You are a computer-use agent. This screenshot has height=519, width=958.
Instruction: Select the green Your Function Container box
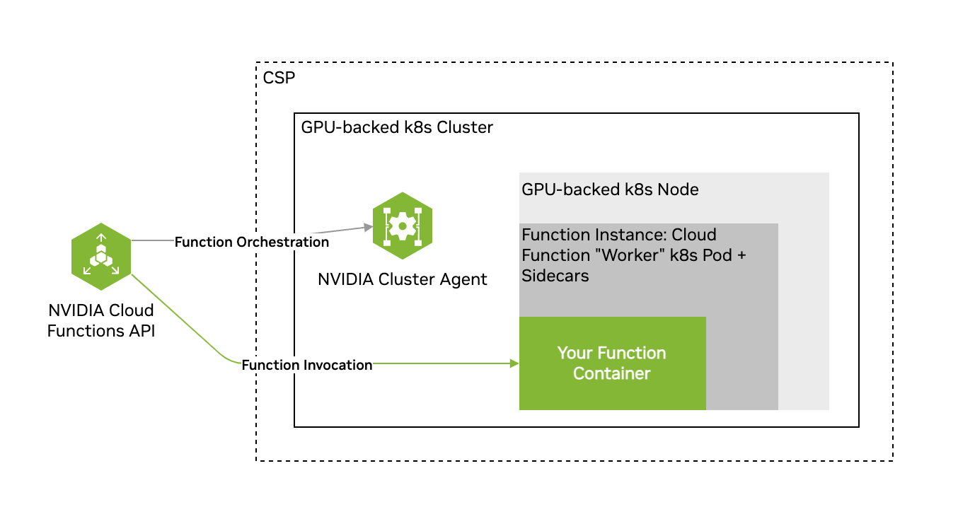coord(612,363)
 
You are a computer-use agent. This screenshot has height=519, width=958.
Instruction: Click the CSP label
coord(278,78)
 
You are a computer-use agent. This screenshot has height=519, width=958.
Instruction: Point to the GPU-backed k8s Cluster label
coord(397,128)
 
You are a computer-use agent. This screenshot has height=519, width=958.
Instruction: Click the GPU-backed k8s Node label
coord(610,189)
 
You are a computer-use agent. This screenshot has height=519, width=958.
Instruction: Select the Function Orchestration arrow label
coord(252,242)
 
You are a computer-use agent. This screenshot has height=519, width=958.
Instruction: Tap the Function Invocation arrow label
coord(306,365)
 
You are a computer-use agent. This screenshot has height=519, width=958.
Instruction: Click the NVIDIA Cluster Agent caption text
coord(403,279)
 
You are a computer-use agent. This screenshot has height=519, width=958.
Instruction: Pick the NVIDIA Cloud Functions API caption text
coord(101,320)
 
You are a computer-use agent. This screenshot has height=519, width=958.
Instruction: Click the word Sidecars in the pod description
coord(555,276)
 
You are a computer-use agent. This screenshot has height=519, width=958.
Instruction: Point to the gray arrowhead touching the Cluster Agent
coord(368,227)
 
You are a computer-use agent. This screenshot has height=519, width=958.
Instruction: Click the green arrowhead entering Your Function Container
coord(514,363)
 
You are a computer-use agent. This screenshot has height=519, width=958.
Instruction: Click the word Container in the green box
coord(611,373)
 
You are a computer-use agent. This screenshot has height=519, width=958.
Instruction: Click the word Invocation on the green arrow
coord(337,365)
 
